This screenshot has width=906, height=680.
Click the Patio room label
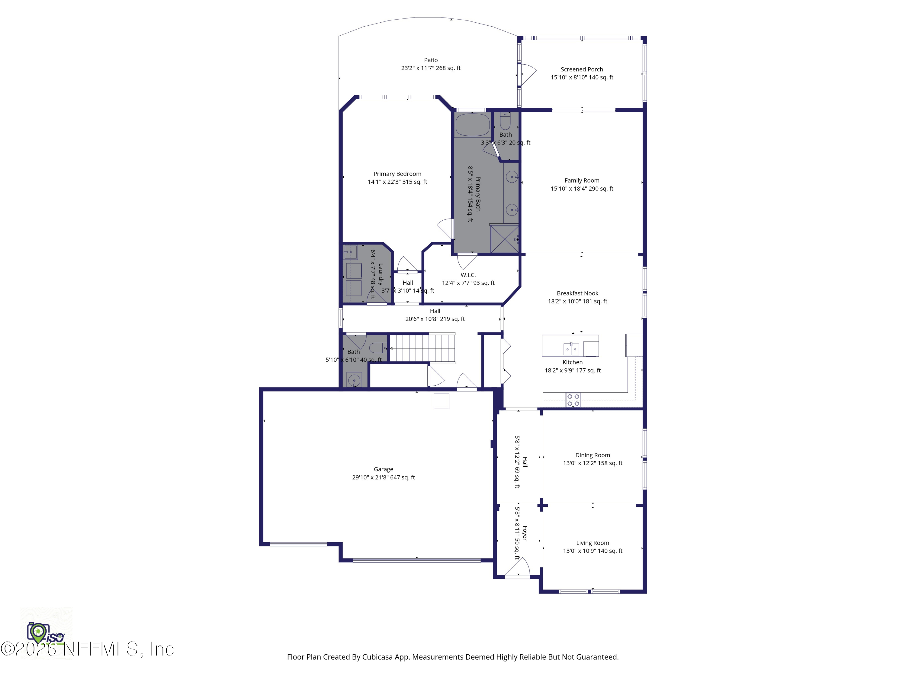click(430, 60)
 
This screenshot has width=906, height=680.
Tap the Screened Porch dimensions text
click(582, 77)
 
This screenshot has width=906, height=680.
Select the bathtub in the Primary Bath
click(472, 125)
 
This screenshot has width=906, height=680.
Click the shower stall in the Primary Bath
click(505, 239)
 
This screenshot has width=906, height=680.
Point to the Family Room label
click(582, 181)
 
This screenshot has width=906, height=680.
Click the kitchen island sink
click(571, 349)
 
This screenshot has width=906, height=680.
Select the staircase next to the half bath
click(422, 348)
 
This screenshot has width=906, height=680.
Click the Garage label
click(383, 469)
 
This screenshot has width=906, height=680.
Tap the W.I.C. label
click(468, 275)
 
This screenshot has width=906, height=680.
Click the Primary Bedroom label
click(397, 174)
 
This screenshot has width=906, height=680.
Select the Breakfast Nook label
click(577, 293)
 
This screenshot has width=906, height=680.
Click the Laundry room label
click(381, 274)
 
